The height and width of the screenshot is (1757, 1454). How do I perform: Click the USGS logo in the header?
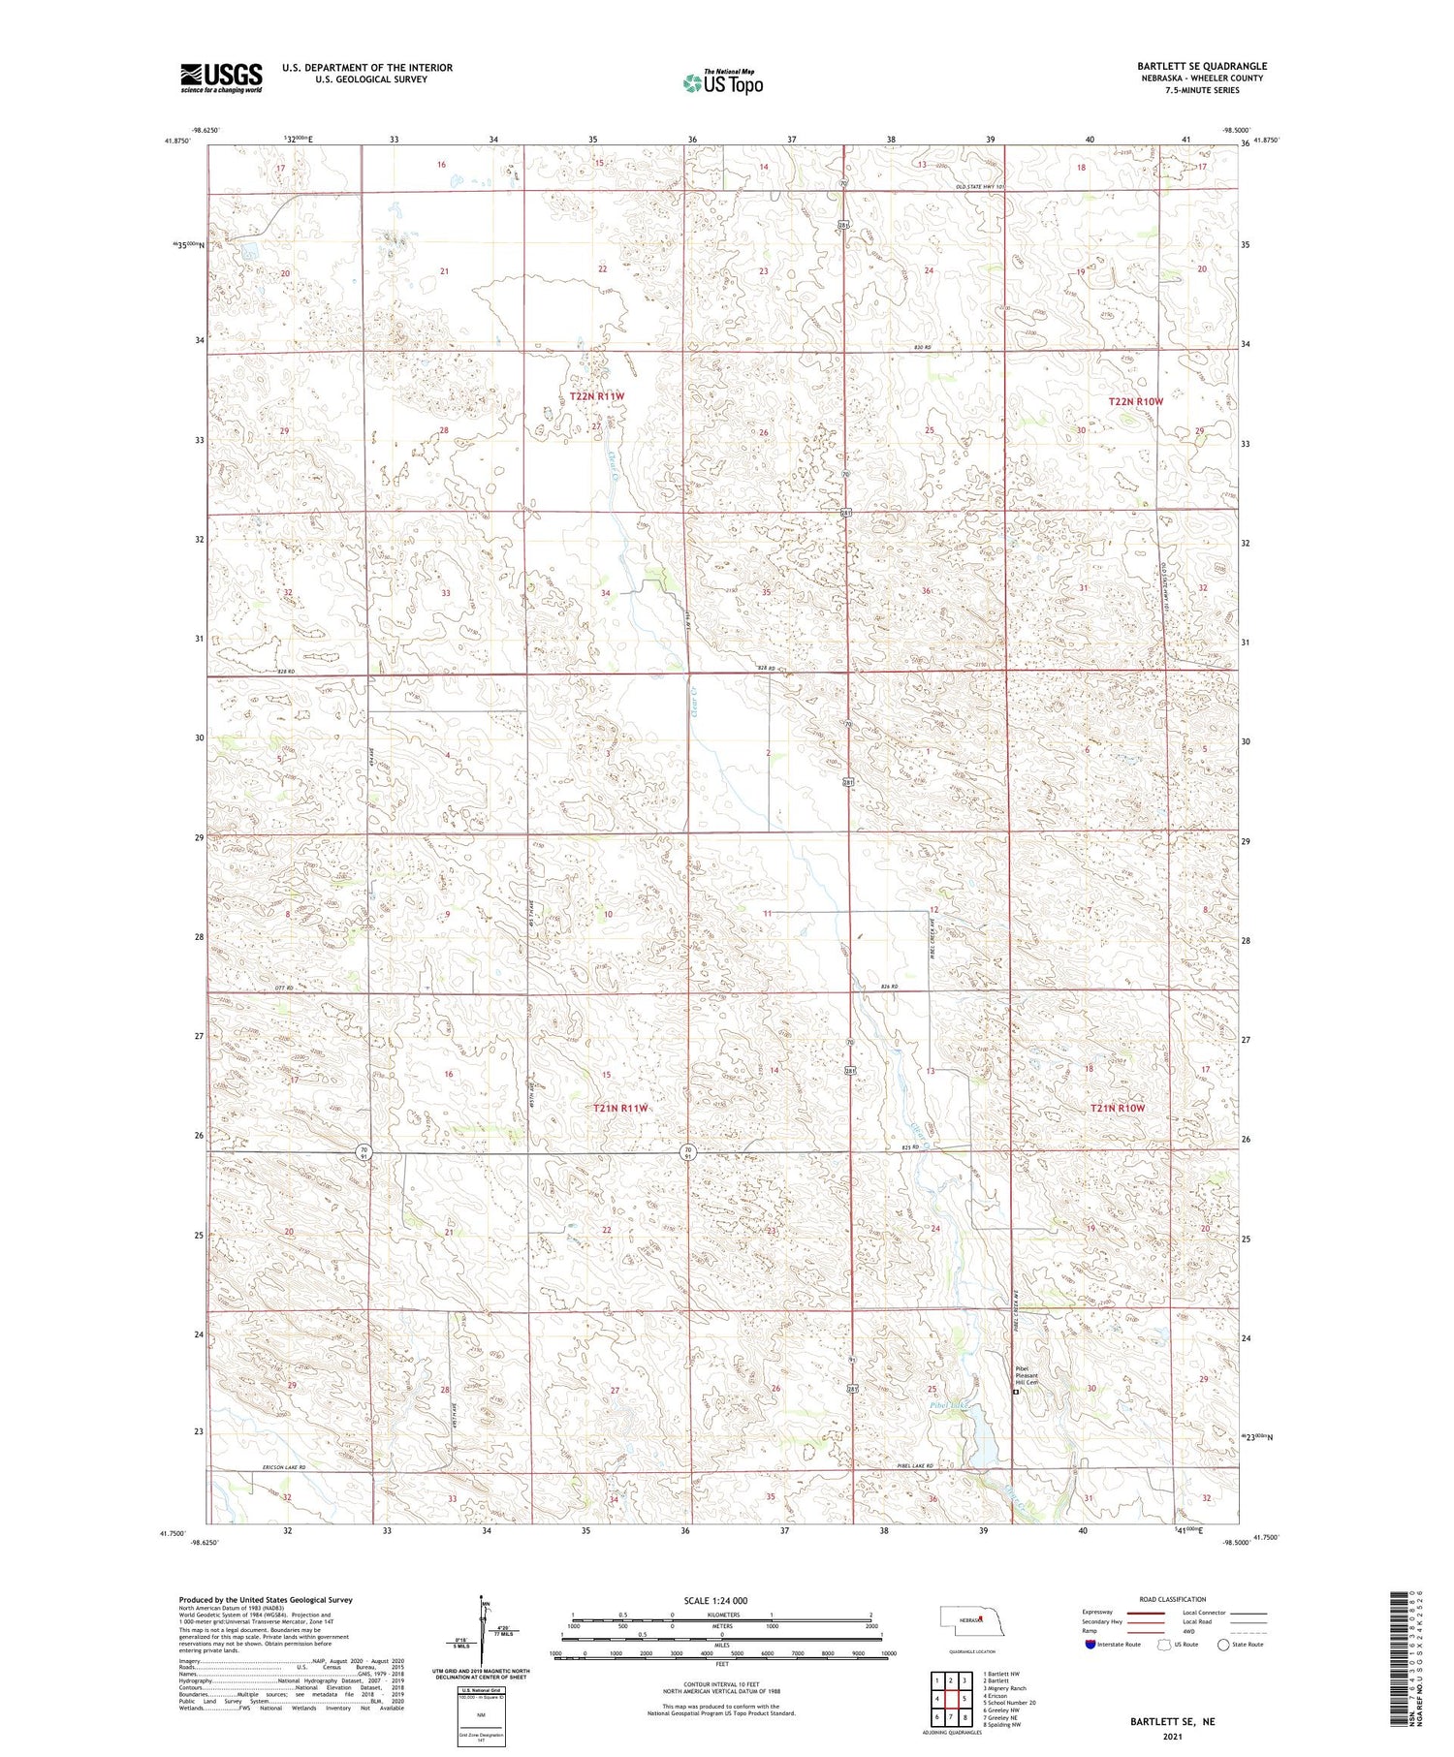[221, 78]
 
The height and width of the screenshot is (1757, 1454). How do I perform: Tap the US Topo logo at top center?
[723, 83]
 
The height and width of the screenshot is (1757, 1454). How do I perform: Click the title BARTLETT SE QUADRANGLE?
[1202, 66]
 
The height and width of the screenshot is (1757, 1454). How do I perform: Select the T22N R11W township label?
[597, 396]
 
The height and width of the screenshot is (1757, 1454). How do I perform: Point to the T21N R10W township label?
[1118, 1108]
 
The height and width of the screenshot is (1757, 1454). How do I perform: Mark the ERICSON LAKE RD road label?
[284, 1467]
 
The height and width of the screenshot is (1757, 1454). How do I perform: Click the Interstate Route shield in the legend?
[1090, 1644]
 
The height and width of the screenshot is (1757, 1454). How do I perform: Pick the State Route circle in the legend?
[1223, 1644]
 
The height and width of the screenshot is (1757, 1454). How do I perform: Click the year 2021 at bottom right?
[1172, 1736]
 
